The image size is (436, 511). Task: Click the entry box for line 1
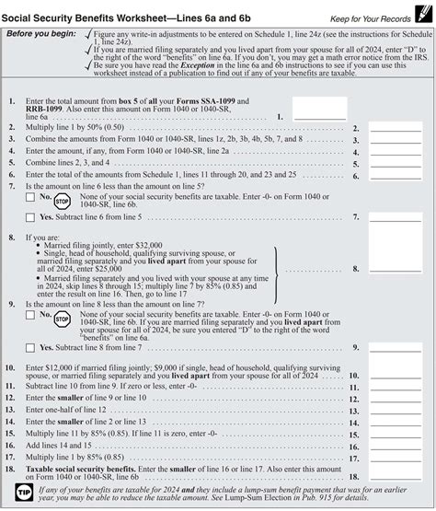coord(318,110)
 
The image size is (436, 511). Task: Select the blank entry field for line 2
coord(395,128)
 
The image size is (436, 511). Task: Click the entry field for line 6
coord(395,174)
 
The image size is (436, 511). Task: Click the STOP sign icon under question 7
coord(62,200)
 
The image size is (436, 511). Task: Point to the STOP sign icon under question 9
coord(62,319)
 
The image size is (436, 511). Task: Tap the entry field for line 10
coord(395,375)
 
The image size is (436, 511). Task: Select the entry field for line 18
coord(395,476)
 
